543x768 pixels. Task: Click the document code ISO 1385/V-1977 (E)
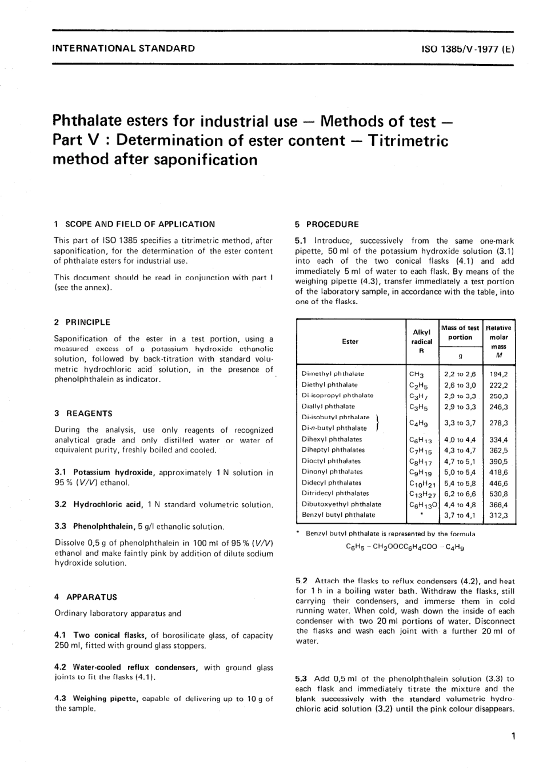[x=468, y=49]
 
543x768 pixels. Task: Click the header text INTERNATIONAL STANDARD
[x=123, y=49]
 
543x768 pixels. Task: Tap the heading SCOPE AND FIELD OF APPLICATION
[x=140, y=224]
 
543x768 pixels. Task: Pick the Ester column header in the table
[x=350, y=341]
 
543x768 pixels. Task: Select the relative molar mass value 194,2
[x=498, y=374]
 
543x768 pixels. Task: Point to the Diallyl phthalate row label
[x=328, y=407]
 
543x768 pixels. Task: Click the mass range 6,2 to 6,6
[x=460, y=494]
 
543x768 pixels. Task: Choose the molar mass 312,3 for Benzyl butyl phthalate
[x=498, y=515]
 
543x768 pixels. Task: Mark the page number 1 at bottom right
[x=514, y=736]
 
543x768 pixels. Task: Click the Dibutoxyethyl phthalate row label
[x=341, y=504]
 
